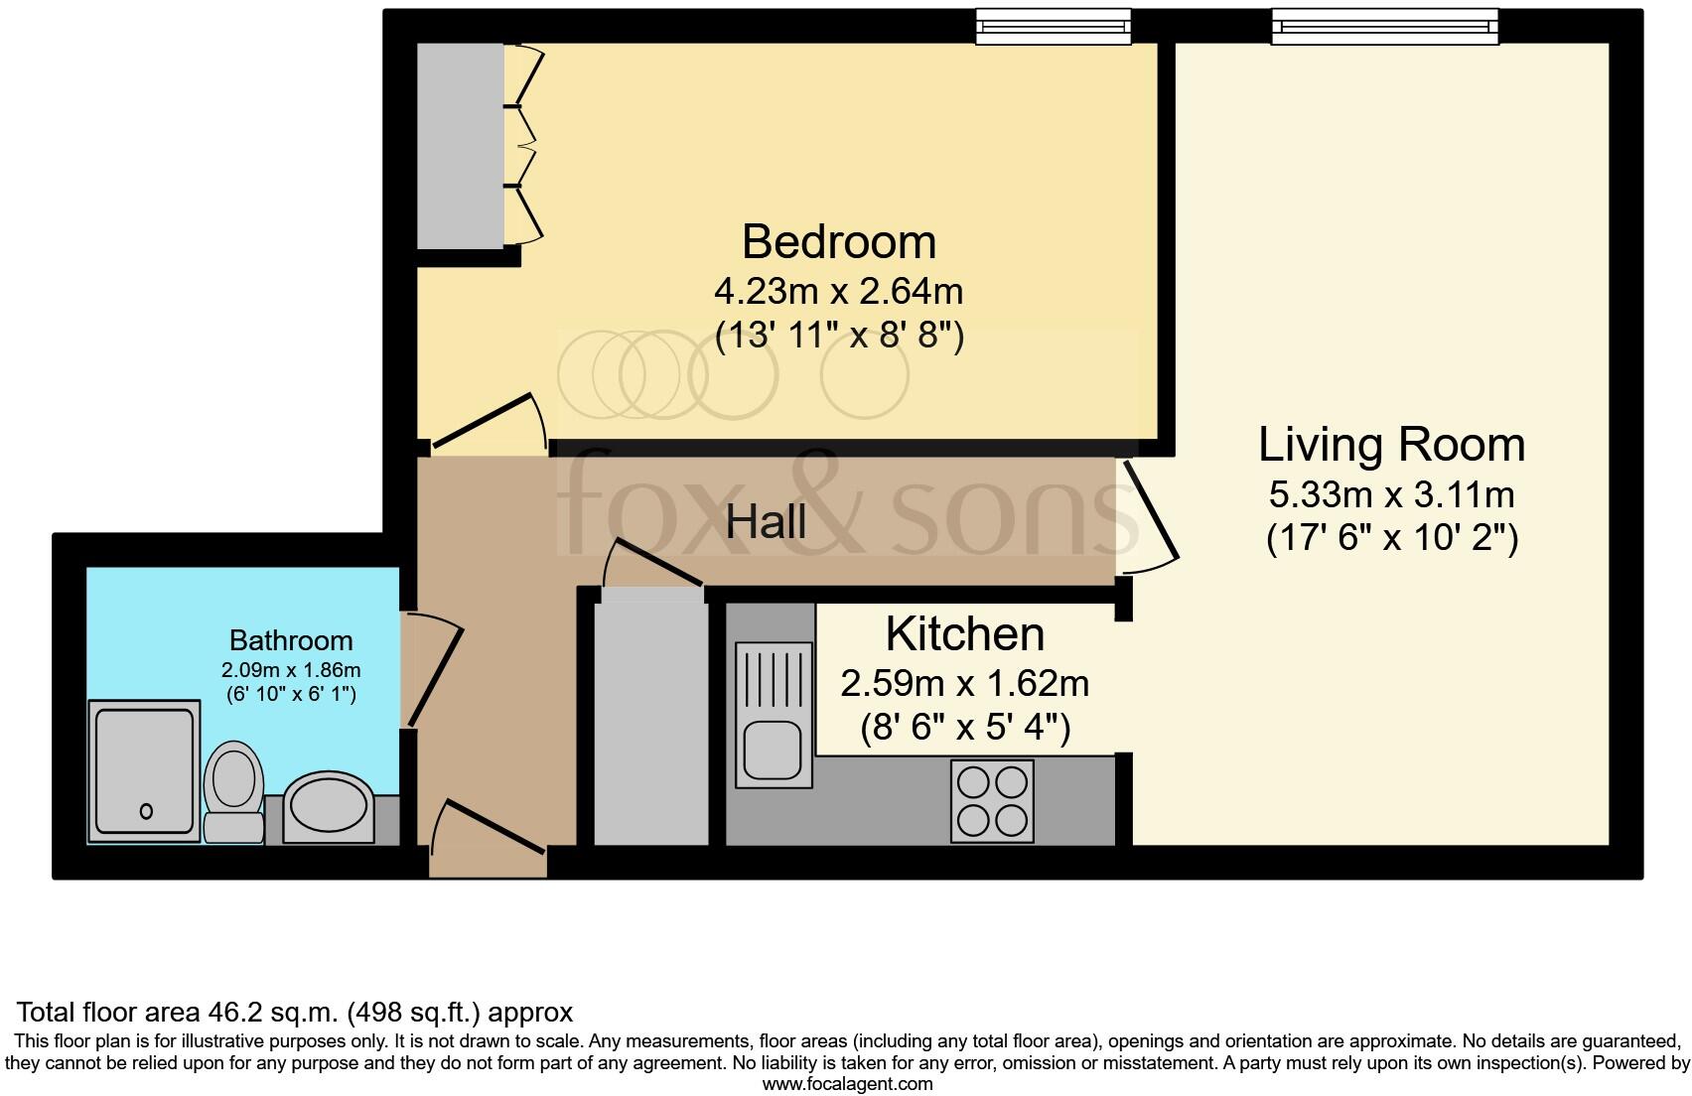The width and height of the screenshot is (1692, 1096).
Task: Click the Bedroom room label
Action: tap(838, 242)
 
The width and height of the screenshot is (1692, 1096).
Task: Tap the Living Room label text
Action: tap(1391, 445)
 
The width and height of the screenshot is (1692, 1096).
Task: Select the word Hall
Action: tap(766, 523)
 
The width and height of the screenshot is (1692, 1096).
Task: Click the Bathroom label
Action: tap(291, 640)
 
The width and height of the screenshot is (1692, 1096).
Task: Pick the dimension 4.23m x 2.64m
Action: tap(838, 292)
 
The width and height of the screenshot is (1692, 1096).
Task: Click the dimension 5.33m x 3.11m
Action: tap(1391, 495)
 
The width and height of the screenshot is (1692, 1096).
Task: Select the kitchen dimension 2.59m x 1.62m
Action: tap(964, 684)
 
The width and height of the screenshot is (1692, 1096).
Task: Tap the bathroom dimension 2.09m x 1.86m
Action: tap(291, 670)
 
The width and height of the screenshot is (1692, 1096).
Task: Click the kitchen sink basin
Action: tap(772, 751)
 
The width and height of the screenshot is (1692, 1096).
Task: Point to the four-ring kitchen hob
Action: tap(992, 801)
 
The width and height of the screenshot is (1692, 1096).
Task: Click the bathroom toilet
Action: tap(233, 791)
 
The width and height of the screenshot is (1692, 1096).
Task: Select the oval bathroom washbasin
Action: tap(329, 807)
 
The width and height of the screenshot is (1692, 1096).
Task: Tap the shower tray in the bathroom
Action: tap(144, 771)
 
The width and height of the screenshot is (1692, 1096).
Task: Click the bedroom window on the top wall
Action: tap(1054, 27)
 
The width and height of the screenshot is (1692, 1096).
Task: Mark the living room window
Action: tap(1384, 27)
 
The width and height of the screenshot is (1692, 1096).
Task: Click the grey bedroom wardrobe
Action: tap(461, 146)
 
